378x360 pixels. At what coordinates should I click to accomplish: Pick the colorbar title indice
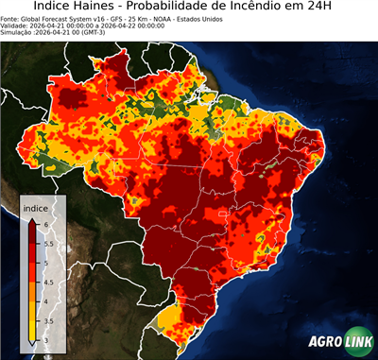35,207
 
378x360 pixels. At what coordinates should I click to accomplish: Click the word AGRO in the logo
324,342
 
